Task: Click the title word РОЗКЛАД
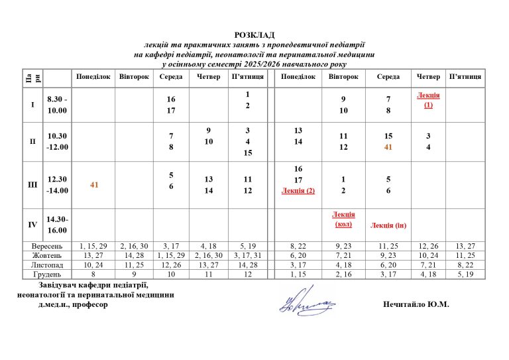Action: click(254, 34)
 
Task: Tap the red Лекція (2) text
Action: click(298, 191)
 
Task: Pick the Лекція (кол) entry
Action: click(343, 219)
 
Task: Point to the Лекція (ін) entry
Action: click(388, 225)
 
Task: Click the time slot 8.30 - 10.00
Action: click(57, 105)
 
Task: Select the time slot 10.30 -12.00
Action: click(57, 142)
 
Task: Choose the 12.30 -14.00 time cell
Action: click(57, 185)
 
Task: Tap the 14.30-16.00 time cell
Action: click(57, 224)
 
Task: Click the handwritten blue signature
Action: click(307, 302)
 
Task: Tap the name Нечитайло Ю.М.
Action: click(416, 304)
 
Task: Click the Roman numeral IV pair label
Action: click(32, 224)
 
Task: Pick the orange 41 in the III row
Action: click(94, 185)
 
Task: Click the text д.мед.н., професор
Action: click(74, 305)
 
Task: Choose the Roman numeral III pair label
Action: click(32, 185)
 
